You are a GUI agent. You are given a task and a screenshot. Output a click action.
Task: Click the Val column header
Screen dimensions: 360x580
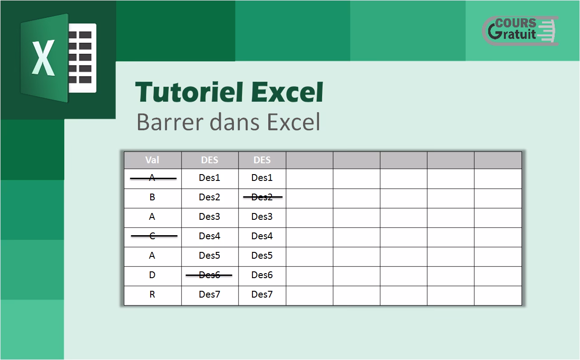tap(152, 160)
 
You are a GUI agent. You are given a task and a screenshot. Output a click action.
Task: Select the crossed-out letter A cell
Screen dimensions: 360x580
tap(152, 178)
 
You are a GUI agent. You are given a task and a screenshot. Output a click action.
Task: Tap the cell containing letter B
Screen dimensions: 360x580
tap(152, 197)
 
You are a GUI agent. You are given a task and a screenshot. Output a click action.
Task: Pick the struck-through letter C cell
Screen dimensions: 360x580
tap(152, 236)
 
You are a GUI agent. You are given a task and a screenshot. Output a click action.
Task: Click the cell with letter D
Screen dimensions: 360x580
tap(152, 275)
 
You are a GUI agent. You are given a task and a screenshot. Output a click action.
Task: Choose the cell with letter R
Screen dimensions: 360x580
tap(152, 294)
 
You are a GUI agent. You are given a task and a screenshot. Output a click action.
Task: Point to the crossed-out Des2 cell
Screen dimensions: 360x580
tap(262, 197)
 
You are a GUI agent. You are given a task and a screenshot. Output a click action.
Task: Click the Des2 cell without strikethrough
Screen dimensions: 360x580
tap(209, 197)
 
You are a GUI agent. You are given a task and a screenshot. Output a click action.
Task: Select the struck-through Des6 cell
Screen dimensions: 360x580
tap(209, 275)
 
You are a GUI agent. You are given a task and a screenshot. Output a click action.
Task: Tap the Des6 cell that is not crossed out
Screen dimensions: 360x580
tap(262, 275)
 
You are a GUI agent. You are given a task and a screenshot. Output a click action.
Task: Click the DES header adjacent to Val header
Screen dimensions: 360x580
tap(209, 160)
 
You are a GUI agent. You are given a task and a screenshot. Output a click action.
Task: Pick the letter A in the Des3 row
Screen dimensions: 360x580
tap(152, 217)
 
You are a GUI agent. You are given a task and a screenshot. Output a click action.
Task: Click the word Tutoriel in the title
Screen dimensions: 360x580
tap(189, 92)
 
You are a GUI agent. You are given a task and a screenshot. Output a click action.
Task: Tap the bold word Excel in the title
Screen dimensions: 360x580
tap(287, 92)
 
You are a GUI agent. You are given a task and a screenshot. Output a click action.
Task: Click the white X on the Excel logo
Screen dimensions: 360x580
tap(43, 57)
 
